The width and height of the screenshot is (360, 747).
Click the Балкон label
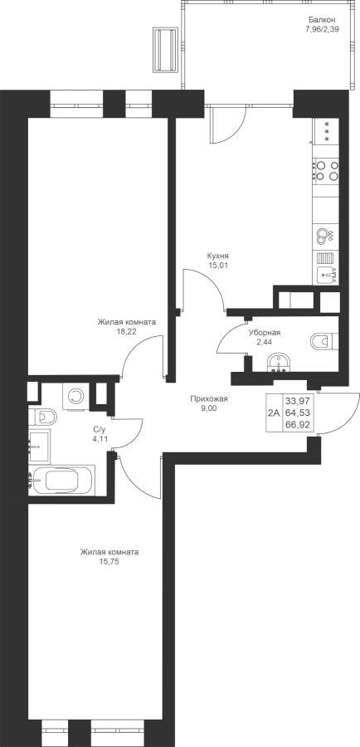point(322,20)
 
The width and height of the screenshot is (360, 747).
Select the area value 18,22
point(127,332)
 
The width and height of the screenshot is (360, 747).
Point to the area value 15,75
point(109,562)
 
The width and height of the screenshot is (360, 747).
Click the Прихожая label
point(209,399)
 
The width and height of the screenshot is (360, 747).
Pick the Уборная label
point(265,333)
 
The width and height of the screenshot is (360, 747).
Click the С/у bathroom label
point(99,429)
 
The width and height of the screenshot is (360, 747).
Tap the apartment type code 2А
point(274,413)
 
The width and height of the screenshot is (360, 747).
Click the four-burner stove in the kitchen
point(327,170)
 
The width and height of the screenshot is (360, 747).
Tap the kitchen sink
point(327,273)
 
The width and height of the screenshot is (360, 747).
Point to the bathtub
point(62,479)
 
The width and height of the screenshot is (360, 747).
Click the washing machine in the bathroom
point(75,395)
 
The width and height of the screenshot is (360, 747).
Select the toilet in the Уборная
point(324,341)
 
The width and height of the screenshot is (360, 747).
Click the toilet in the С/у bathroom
point(42,417)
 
